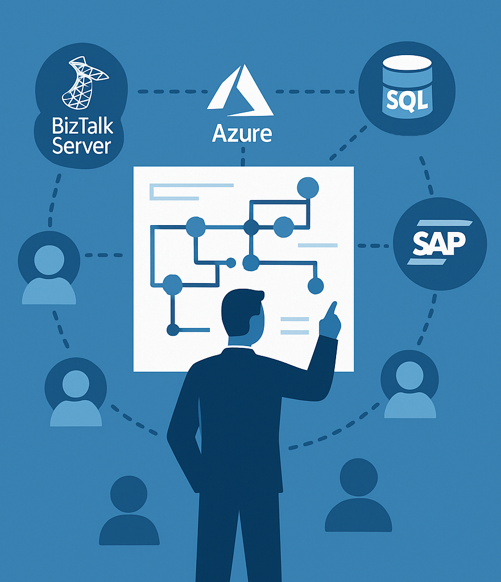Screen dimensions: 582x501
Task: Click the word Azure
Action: pos(242,133)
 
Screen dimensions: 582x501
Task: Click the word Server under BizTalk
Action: pos(81,146)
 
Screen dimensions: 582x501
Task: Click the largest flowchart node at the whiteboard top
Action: pos(308,187)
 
